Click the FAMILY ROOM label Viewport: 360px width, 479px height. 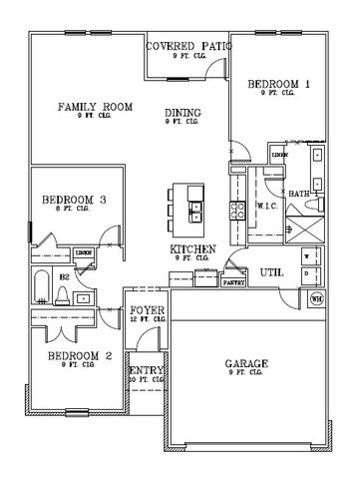(x=95, y=106)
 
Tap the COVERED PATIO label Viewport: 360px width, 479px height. (x=188, y=47)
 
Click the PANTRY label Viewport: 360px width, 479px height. (x=234, y=282)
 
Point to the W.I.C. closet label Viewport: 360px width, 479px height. (x=266, y=206)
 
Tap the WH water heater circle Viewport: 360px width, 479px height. (x=318, y=298)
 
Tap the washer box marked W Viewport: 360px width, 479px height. (x=306, y=255)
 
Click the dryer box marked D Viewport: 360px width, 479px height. (x=306, y=278)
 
